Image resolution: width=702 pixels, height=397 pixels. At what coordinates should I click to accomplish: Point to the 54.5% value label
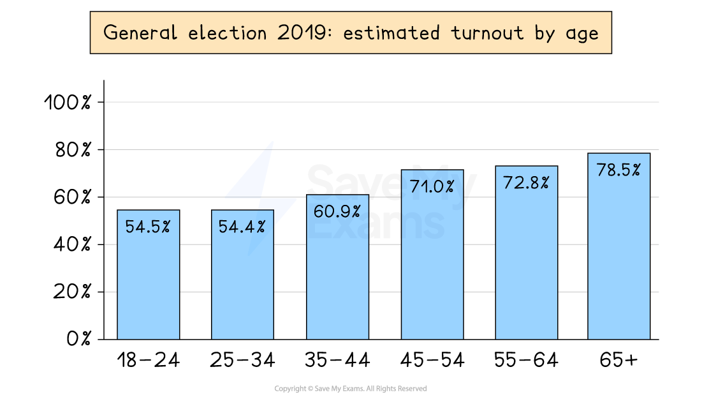click(148, 227)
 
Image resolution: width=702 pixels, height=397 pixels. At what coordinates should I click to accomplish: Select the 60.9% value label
click(337, 211)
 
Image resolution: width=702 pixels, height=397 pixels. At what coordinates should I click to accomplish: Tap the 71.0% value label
click(432, 187)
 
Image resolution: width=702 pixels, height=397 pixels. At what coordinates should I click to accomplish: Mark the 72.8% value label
click(526, 183)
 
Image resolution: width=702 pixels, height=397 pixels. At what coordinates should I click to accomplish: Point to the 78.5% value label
click(618, 170)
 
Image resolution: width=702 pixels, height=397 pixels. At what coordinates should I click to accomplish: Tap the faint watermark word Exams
click(376, 227)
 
